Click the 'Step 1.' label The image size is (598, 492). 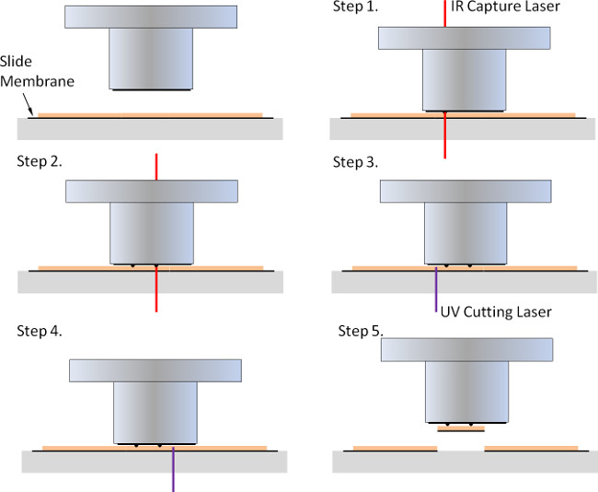tap(355, 6)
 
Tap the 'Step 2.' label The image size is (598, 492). tap(40, 161)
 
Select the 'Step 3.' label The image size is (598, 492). tap(355, 162)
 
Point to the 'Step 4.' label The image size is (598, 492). tap(40, 331)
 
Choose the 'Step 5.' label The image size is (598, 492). tap(361, 331)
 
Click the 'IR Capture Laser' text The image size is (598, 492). tap(505, 6)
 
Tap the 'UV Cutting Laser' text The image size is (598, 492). tap(496, 312)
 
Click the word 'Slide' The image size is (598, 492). tap(16, 62)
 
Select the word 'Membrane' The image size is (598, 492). tap(37, 81)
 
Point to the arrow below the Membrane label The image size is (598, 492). tap(28, 103)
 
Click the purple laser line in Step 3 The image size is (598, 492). tap(436, 289)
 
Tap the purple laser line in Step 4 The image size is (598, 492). tap(173, 470)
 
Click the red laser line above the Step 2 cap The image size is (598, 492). tap(156, 167)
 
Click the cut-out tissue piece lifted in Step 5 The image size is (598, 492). tap(461, 428)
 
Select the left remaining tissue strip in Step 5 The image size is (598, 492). tap(395, 448)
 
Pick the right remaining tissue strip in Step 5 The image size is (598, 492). tap(531, 448)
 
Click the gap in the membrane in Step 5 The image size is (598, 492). tap(461, 449)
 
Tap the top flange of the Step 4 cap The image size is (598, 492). tap(155, 370)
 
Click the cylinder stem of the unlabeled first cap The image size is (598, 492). tap(151, 59)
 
